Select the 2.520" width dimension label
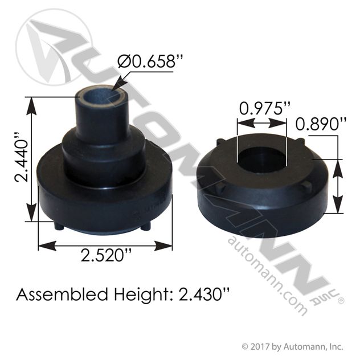tap(107, 255)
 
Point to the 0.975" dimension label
tap(265, 108)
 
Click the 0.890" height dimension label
tap(321, 124)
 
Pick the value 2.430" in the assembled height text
tap(204, 294)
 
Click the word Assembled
tap(62, 294)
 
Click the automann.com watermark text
tap(268, 276)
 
